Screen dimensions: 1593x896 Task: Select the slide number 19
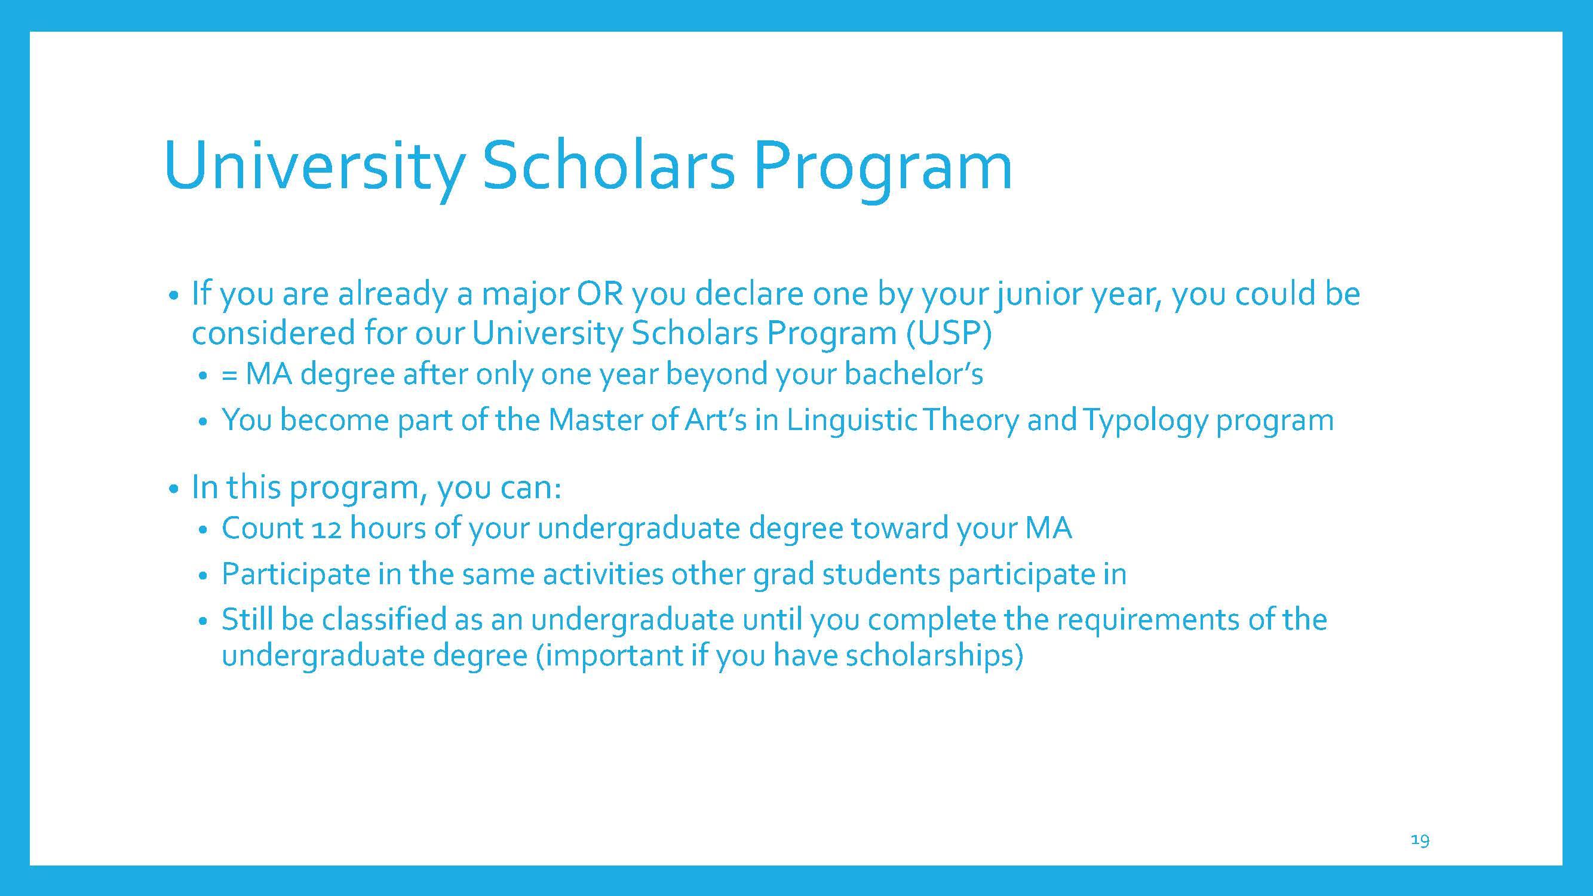pyautogui.click(x=1420, y=840)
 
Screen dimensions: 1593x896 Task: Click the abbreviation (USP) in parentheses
pyautogui.click(x=949, y=333)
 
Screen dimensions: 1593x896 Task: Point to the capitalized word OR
pyautogui.click(x=599, y=293)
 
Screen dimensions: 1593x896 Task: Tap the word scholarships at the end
pyautogui.click(x=934, y=656)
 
